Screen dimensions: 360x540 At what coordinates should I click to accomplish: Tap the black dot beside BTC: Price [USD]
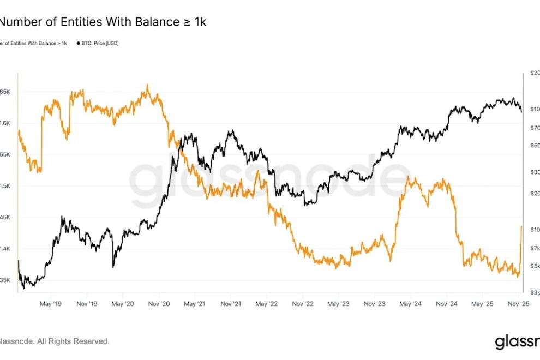(x=79, y=43)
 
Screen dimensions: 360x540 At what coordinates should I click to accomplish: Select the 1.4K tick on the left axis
(x=5, y=249)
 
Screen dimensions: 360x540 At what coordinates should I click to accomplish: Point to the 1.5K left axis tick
(x=5, y=186)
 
